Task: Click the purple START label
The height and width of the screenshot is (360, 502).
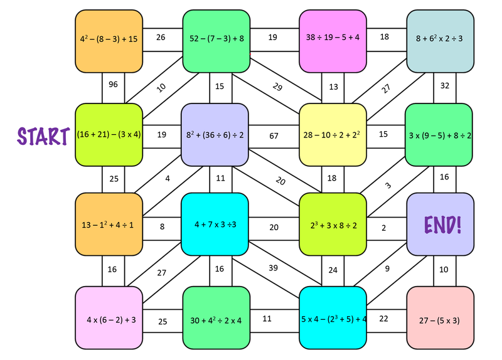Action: [x=43, y=135]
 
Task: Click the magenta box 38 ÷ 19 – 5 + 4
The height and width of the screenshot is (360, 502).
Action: [x=332, y=39]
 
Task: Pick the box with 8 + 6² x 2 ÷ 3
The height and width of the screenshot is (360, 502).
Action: [x=439, y=39]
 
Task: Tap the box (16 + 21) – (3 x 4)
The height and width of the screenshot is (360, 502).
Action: [x=109, y=134]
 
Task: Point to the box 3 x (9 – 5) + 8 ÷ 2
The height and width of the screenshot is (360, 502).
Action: [x=439, y=134]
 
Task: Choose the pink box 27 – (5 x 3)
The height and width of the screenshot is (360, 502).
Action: [x=439, y=319]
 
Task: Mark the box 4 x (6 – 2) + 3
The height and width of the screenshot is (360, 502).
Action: [x=109, y=319]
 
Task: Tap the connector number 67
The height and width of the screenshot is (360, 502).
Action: [x=274, y=136]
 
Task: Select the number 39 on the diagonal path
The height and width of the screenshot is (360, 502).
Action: [x=273, y=268]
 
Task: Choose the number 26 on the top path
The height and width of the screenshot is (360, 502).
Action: [x=161, y=38]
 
